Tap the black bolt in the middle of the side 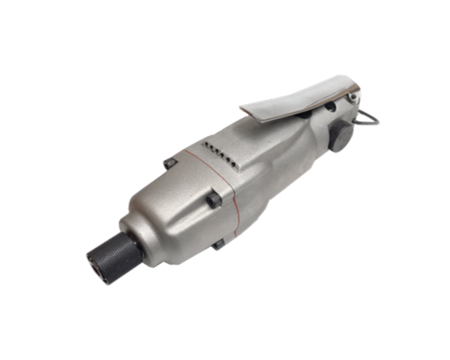(214, 200)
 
